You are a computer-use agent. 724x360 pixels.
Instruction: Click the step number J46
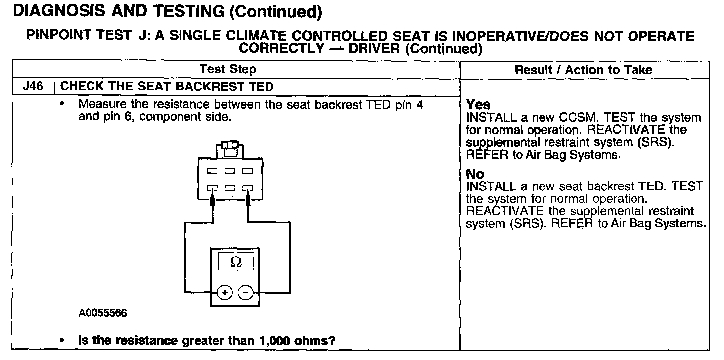32,87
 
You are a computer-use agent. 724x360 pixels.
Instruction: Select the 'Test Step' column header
228,69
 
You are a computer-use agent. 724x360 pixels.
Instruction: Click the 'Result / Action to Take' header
583,70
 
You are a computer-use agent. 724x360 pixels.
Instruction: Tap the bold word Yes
478,105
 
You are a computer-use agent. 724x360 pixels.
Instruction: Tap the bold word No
475,174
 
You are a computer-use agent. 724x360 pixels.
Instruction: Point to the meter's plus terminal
224,292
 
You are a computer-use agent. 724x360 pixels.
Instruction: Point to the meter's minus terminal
245,292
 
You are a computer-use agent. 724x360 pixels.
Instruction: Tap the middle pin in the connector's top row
230,171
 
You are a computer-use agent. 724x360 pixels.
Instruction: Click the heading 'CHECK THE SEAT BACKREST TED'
167,87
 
